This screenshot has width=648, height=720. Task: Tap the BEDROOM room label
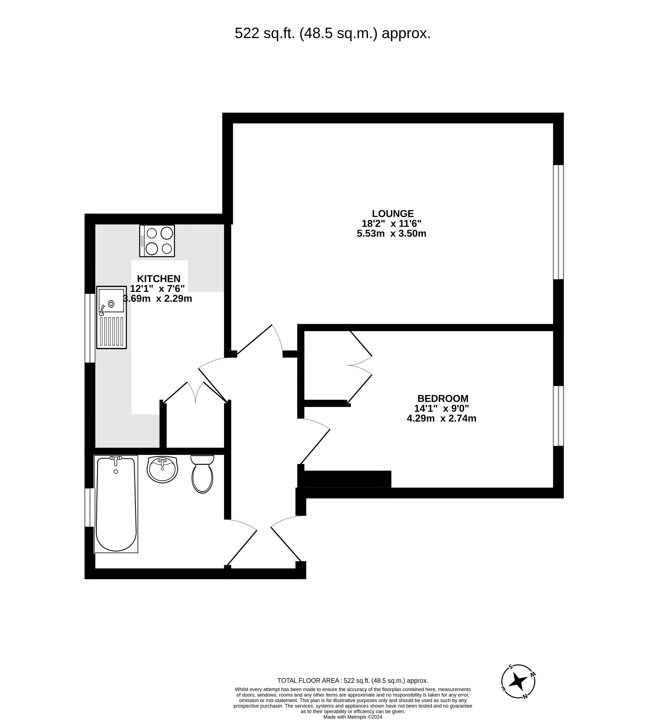pyautogui.click(x=443, y=398)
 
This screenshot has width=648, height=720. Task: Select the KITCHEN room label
pyautogui.click(x=159, y=278)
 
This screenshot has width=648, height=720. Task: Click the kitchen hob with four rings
pyautogui.click(x=157, y=241)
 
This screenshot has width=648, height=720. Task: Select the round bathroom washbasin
pyautogui.click(x=162, y=470)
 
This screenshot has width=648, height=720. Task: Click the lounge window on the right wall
pyautogui.click(x=558, y=222)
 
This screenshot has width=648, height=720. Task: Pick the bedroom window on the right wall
pyautogui.click(x=558, y=416)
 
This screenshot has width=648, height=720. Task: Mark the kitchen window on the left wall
pyautogui.click(x=90, y=328)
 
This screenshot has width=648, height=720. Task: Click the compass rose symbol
pyautogui.click(x=518, y=682)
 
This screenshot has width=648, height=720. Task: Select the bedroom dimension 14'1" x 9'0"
pyautogui.click(x=442, y=408)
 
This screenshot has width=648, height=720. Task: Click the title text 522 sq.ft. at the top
pyautogui.click(x=332, y=33)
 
